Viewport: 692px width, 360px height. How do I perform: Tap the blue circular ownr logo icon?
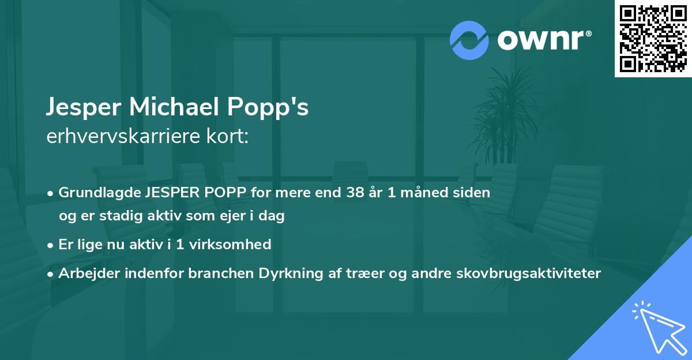[x=469, y=40]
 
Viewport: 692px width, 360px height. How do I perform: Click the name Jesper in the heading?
[x=85, y=108]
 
